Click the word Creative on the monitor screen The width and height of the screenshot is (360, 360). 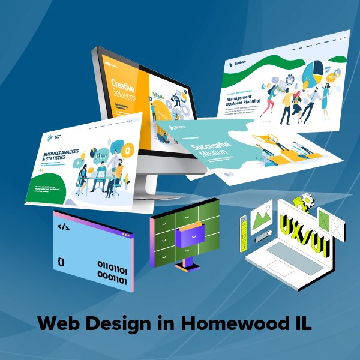pos(123,84)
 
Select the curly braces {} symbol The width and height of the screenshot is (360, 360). pos(61,262)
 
